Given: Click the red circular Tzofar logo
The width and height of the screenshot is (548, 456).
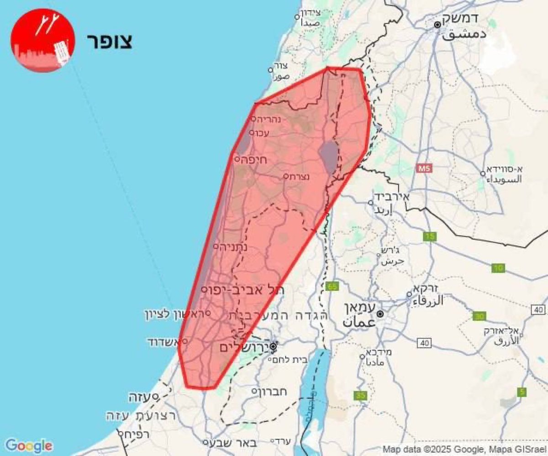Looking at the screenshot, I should click(x=42, y=40).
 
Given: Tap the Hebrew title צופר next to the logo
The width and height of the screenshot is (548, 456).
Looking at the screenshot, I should click(x=109, y=41).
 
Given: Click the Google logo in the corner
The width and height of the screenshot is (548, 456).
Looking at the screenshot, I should click(x=29, y=446).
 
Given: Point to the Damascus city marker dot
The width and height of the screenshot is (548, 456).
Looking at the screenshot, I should click(x=437, y=25).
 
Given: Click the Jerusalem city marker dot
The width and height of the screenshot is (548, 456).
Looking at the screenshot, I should click(x=273, y=347).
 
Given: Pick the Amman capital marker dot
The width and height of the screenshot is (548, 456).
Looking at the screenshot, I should click(x=380, y=314).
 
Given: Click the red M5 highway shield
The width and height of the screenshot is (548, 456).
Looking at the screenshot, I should click(x=424, y=169).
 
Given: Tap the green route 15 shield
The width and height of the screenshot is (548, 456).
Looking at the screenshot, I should click(x=430, y=236).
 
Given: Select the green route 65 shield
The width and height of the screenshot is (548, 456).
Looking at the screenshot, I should click(x=332, y=287).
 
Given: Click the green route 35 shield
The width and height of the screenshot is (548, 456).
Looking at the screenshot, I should click(x=361, y=395).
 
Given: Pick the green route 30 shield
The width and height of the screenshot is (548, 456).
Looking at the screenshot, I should click(x=479, y=316).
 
